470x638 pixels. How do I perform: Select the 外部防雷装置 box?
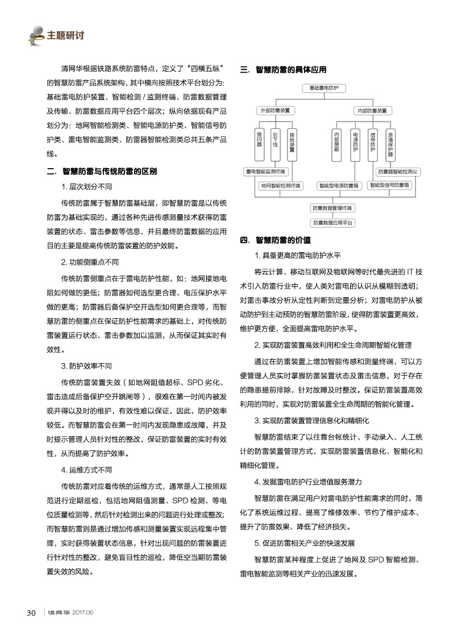coord(275,110)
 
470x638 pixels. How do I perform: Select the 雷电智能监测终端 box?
coord(265,171)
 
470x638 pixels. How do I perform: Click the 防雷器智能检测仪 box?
coord(398,171)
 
